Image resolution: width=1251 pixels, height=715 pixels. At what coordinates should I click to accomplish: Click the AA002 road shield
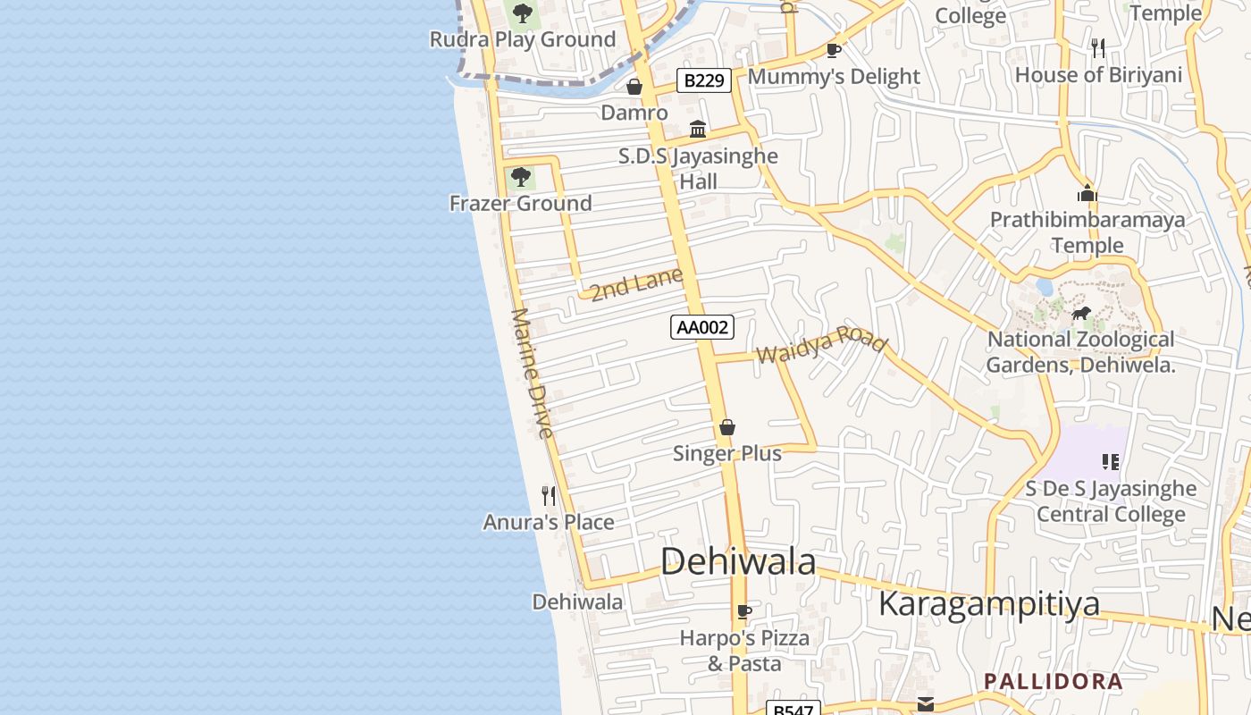point(702,327)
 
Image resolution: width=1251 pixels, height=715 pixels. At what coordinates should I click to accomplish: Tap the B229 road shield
point(703,80)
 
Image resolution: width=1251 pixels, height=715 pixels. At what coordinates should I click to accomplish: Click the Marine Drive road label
point(533,373)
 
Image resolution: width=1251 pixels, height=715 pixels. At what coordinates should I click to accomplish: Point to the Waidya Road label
point(821,346)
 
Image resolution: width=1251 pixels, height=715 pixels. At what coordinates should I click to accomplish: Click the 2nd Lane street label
point(636,284)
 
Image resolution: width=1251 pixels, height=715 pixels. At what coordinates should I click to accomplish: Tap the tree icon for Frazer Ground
point(520,177)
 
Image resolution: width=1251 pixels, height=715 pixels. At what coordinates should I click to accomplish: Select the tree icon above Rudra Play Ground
point(522,13)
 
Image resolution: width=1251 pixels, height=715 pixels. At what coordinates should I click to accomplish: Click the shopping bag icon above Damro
point(634,87)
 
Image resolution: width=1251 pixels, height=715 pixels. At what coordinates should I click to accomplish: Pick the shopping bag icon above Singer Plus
point(727,427)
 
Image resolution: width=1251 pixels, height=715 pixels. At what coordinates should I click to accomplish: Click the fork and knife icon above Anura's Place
point(549,495)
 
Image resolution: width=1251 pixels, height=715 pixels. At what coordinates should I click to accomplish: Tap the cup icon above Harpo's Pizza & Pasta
point(743,612)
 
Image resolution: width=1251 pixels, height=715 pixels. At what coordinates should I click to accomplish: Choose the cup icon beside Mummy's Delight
point(834,50)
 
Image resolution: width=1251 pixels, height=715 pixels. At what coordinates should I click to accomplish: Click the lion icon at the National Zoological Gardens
point(1081,313)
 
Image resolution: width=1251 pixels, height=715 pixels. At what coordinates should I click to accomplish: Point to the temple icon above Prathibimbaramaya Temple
point(1087,193)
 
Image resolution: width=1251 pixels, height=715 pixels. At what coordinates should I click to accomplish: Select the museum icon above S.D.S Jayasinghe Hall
point(698,130)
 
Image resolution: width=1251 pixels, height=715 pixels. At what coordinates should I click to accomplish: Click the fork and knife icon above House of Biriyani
point(1098,48)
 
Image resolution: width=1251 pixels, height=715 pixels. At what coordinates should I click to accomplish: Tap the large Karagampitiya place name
point(988,604)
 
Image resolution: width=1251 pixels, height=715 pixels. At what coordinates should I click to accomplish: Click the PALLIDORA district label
point(1053,681)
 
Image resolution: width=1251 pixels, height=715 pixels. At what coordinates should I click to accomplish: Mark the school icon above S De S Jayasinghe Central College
point(1111,462)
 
